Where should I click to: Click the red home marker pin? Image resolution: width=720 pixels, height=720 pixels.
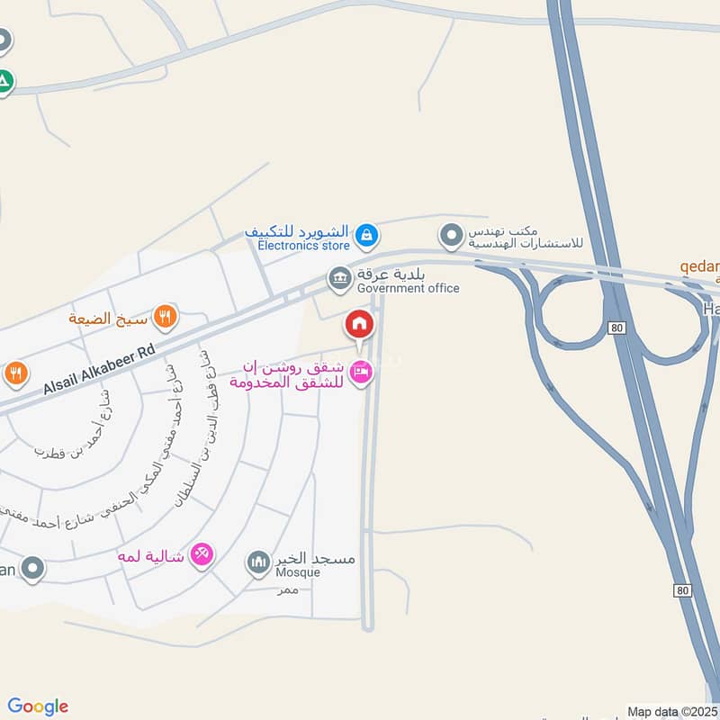[358, 323]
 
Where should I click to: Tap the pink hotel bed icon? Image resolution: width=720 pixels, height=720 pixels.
[360, 370]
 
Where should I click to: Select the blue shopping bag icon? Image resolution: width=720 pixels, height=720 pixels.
[365, 236]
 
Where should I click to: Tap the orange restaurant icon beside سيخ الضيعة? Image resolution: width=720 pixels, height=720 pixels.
[165, 316]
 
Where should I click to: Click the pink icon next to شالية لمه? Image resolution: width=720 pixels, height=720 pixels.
[202, 555]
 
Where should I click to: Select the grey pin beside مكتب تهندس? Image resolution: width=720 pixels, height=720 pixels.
[450, 237]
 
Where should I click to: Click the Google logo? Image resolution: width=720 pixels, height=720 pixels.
[38, 706]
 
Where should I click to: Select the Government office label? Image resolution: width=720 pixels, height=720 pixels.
[408, 288]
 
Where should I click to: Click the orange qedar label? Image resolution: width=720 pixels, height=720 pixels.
[699, 267]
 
